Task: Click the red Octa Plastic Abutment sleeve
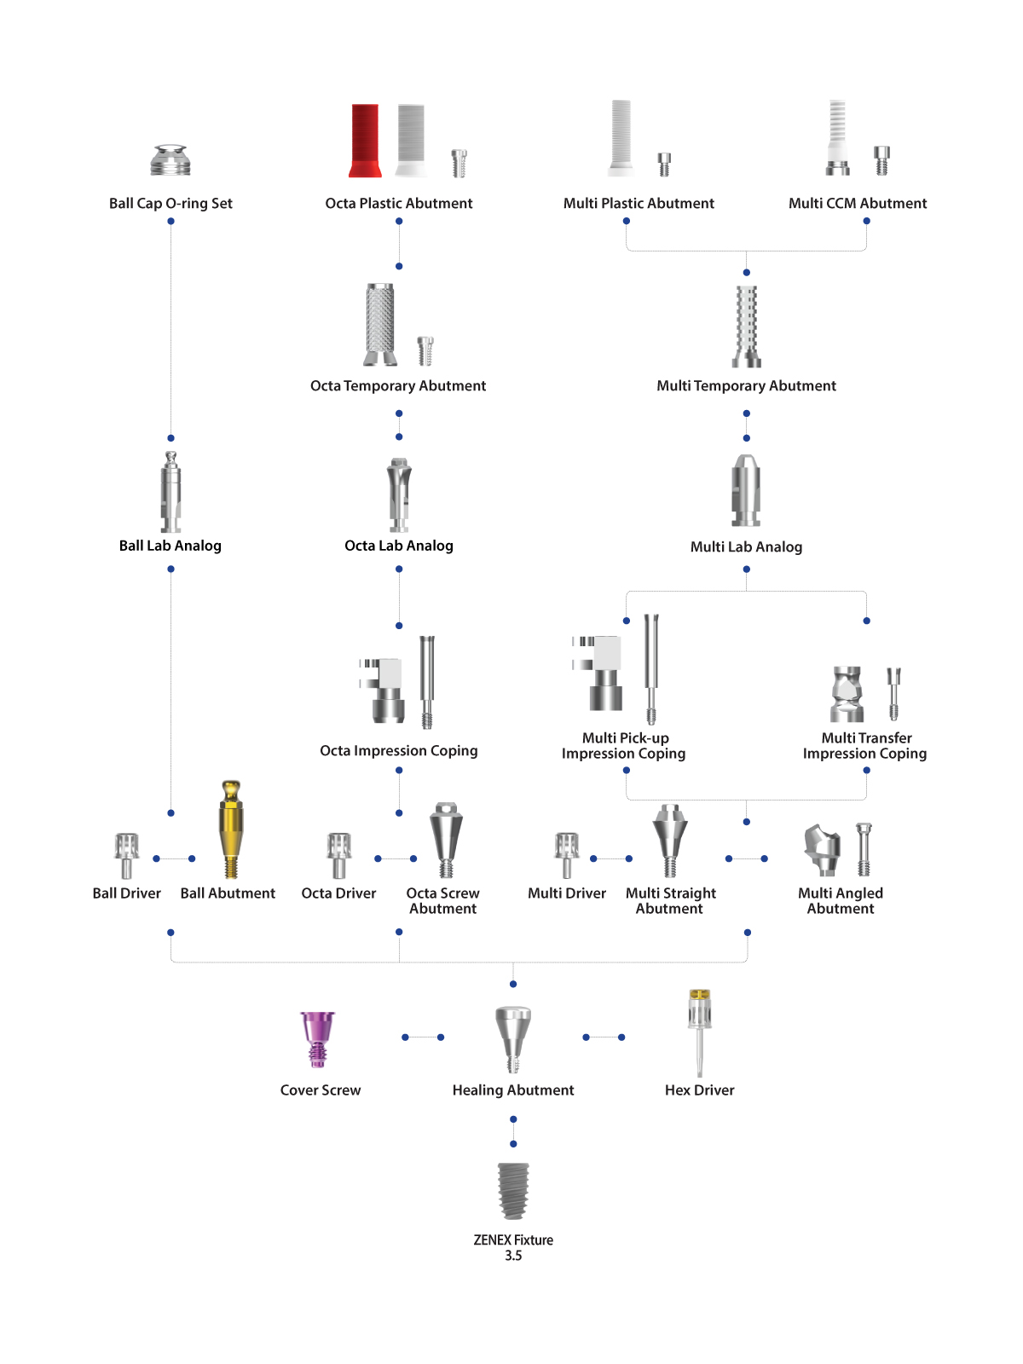pyautogui.click(x=364, y=141)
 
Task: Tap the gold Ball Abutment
pyautogui.click(x=230, y=829)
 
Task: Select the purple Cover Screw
pyautogui.click(x=317, y=1039)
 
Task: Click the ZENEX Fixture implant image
pyautogui.click(x=512, y=1190)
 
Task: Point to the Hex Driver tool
pyautogui.click(x=699, y=1032)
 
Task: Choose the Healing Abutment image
pyautogui.click(x=512, y=1039)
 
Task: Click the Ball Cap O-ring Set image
pyautogui.click(x=170, y=160)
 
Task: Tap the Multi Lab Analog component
pyautogui.click(x=745, y=490)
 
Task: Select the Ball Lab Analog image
pyautogui.click(x=170, y=492)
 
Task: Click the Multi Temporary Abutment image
pyautogui.click(x=746, y=327)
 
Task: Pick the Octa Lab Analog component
pyautogui.click(x=399, y=494)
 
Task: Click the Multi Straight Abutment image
pyautogui.click(x=669, y=840)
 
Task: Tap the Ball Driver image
pyautogui.click(x=126, y=856)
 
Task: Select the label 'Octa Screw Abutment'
pyautogui.click(x=442, y=900)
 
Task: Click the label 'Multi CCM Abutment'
pyautogui.click(x=857, y=203)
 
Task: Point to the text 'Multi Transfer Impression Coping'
pyautogui.click(x=864, y=746)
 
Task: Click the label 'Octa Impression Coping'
pyautogui.click(x=399, y=751)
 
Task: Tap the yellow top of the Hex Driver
pyautogui.click(x=700, y=994)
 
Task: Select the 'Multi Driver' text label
pyautogui.click(x=566, y=893)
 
